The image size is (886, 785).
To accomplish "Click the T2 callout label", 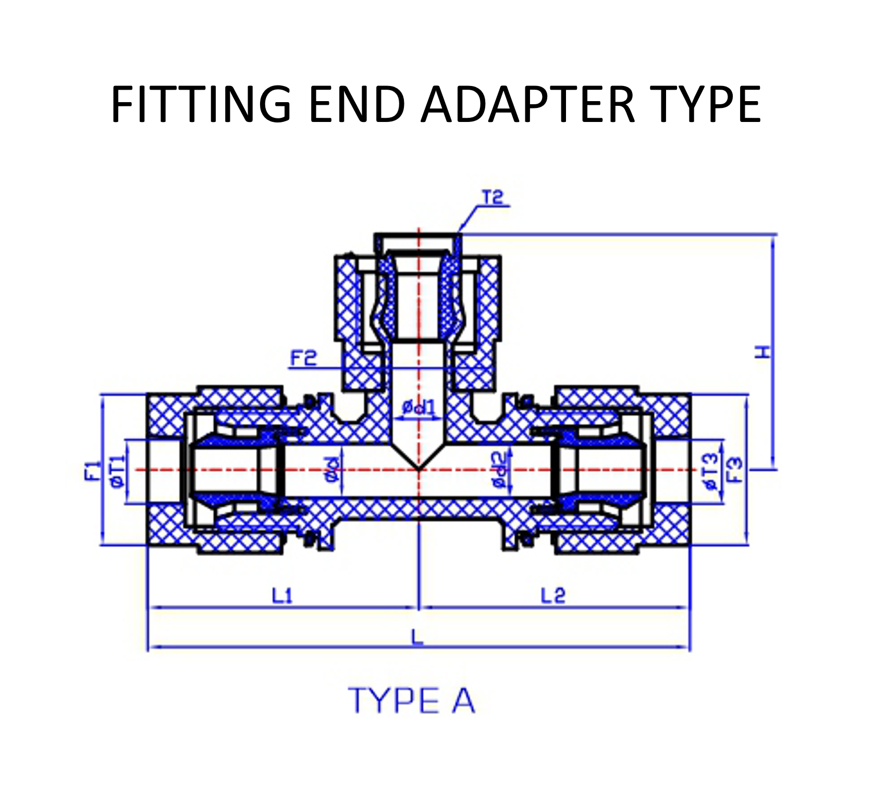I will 493,198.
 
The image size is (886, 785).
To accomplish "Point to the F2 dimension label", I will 303,359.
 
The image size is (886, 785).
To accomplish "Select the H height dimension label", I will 762,352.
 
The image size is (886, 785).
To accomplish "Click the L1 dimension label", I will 282,595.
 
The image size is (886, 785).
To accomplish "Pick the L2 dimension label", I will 552,595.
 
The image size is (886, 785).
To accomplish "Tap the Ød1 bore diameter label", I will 418,407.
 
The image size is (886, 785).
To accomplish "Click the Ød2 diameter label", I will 499,470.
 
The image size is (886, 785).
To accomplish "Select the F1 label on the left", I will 92,470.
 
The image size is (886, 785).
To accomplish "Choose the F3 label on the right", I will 735,470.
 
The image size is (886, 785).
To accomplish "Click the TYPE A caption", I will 412,701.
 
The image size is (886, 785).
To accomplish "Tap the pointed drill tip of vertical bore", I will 418,469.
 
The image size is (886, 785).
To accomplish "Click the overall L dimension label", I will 417,637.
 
